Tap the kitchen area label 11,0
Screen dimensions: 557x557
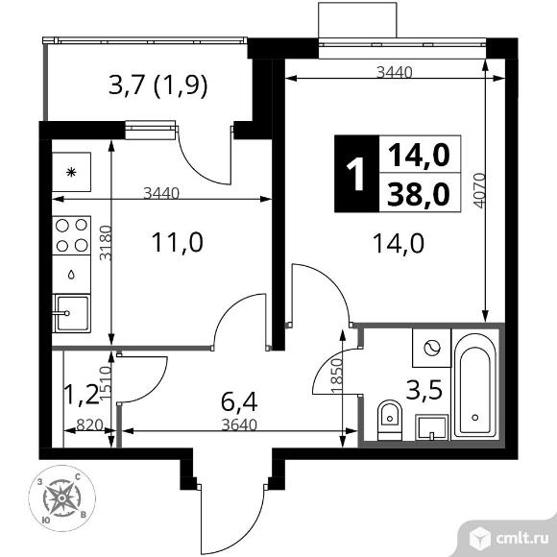pos(178,242)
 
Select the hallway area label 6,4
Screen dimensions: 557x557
pos(239,401)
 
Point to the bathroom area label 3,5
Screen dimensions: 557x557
pos(425,390)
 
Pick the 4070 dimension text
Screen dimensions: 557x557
pos(479,190)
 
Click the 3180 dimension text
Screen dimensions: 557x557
pos(106,243)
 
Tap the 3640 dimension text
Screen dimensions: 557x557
pos(239,424)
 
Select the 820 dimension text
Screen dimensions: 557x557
pos(89,424)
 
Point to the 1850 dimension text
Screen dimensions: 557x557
pos(337,375)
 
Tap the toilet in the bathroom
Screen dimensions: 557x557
pos(389,420)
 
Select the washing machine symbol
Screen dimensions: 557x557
pos(431,348)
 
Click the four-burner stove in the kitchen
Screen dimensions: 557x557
pos(71,235)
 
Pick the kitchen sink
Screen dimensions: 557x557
pos(71,313)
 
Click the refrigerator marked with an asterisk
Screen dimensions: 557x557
pos(71,172)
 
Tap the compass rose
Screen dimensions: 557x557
pos(61,498)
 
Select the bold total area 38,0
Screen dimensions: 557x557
pos(419,195)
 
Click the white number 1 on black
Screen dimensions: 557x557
pos(356,174)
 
